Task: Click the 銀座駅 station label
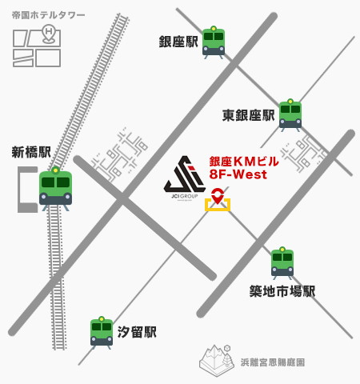click(178, 42)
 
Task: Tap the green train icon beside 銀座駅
click(214, 42)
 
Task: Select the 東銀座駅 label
click(248, 115)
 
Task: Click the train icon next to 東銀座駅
click(290, 115)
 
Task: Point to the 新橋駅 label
click(31, 152)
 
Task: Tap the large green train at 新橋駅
click(55, 189)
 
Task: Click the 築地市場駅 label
click(282, 291)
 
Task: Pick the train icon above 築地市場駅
click(282, 263)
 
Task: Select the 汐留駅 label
click(137, 332)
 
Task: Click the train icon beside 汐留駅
click(102, 333)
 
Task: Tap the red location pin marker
click(218, 196)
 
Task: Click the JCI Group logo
click(185, 178)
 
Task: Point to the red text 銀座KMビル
click(244, 162)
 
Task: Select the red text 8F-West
click(238, 174)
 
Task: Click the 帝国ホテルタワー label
click(48, 15)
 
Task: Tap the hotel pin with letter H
click(49, 34)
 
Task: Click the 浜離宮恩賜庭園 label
click(273, 362)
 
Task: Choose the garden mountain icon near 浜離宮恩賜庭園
click(217, 360)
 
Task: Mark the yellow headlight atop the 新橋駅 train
click(55, 170)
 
